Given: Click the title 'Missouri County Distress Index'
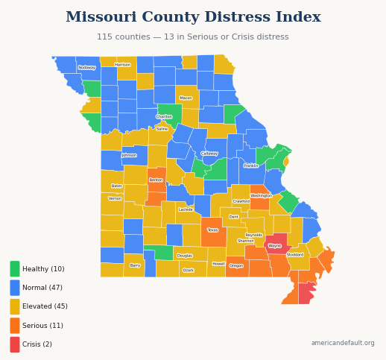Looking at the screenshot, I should (193, 17).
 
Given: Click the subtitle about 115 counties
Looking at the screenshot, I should (193, 37).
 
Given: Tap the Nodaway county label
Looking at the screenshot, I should (87, 67).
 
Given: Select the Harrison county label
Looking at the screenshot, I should (122, 65).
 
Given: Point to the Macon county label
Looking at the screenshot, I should (186, 98).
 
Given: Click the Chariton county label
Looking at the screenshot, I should (164, 116).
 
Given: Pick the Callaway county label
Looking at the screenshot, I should (209, 154).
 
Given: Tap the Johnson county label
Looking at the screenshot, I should (129, 155).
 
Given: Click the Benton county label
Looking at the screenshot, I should (156, 180).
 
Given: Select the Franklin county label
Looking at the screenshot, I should (251, 165).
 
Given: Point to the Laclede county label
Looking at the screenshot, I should (186, 209).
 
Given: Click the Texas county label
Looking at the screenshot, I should (212, 230).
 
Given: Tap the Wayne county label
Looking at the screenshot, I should (275, 245).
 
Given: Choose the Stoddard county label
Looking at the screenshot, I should (295, 254).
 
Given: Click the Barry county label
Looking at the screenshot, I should (135, 265).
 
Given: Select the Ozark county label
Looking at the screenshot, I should (188, 270).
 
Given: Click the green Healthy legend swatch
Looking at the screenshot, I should (15, 269).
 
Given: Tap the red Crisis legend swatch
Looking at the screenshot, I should (15, 344).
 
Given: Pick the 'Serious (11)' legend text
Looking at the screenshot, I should (42, 326).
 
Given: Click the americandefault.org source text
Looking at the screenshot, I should (343, 343).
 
